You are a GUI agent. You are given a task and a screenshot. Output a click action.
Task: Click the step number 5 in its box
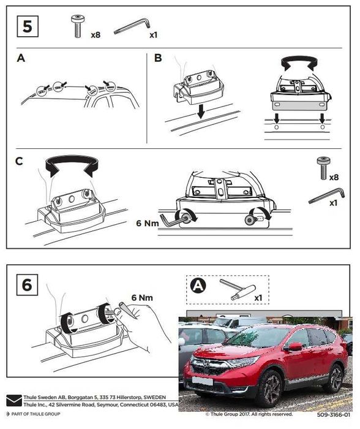click(28, 27)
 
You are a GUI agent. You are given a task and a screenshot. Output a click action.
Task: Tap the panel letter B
click(159, 59)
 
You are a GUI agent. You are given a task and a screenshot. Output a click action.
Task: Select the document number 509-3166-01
click(334, 414)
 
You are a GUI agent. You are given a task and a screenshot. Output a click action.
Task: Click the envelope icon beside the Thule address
click(13, 401)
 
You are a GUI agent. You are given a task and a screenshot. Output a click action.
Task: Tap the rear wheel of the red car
click(335, 378)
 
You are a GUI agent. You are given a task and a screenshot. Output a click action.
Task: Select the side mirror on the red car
click(296, 347)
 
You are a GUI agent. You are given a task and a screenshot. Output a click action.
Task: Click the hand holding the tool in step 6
click(144, 324)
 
